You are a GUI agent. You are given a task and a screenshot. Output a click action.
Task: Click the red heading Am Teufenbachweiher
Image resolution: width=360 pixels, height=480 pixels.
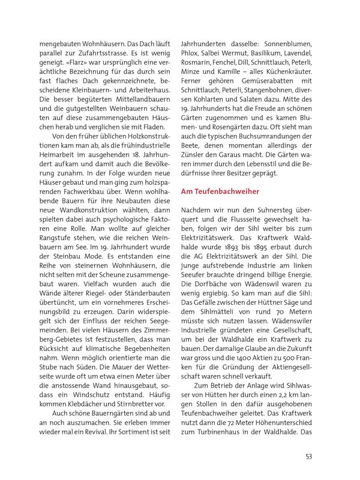pos(220,191)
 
